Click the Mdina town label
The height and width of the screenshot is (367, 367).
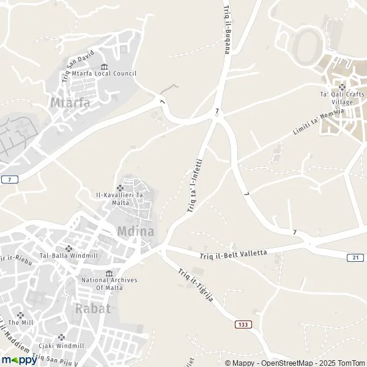135,232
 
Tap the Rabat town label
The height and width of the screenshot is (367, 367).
93,308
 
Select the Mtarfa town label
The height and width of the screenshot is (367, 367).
71,102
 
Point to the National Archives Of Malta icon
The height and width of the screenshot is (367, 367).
109,273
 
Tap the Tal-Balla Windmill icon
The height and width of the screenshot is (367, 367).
69,249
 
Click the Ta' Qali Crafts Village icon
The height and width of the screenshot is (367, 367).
342,87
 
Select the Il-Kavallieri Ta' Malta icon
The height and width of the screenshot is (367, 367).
120,188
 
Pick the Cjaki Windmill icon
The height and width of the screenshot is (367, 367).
61,337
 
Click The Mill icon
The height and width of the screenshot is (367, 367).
21,314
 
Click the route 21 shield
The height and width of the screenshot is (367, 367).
356,258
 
